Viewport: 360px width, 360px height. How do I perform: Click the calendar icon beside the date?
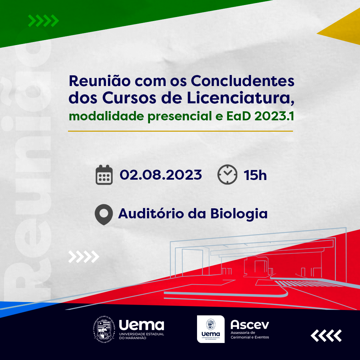pyautogui.click(x=104, y=175)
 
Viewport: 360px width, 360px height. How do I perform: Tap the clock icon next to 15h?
pyautogui.click(x=227, y=174)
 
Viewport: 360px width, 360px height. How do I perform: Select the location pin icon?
pyautogui.click(x=104, y=214)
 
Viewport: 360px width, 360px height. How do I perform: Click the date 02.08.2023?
pyautogui.click(x=161, y=175)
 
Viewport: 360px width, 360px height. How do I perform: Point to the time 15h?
pyautogui.click(x=255, y=175)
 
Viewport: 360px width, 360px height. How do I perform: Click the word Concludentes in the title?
pyautogui.click(x=242, y=81)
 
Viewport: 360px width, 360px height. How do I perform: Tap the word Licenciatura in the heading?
pyautogui.click(x=239, y=98)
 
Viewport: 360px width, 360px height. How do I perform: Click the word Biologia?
pyautogui.click(x=239, y=214)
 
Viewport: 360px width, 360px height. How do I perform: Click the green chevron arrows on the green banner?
pyautogui.click(x=43, y=21)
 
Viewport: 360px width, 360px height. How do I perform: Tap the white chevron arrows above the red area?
pyautogui.click(x=84, y=257)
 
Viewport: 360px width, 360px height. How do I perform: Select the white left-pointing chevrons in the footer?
pyautogui.click(x=326, y=336)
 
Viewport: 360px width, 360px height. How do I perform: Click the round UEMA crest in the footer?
pyautogui.click(x=104, y=330)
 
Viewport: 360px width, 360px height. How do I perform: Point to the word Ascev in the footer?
pyautogui.click(x=250, y=325)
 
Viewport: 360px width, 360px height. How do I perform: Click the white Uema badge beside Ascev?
pyautogui.click(x=211, y=329)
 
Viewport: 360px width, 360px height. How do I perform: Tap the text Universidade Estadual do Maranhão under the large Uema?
pyautogui.click(x=141, y=336)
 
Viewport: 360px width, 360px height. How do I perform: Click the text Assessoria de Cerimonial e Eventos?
pyautogui.click(x=250, y=335)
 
